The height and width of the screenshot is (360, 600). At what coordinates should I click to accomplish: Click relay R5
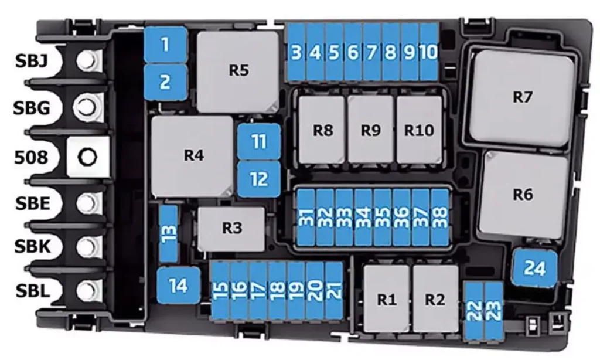click(x=238, y=72)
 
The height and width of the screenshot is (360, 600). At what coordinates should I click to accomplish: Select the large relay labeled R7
click(x=522, y=97)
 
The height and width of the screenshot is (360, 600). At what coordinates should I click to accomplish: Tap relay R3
click(x=231, y=229)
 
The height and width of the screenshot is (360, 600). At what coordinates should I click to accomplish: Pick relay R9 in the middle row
click(x=371, y=130)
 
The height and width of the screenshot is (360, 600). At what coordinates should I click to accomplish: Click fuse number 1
click(x=165, y=45)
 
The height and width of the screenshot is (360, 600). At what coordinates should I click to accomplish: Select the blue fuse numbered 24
click(x=534, y=268)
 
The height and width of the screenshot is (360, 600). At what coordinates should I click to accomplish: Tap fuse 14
click(x=179, y=286)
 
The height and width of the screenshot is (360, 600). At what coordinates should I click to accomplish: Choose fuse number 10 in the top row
click(x=428, y=52)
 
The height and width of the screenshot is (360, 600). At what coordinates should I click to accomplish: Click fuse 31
click(x=306, y=217)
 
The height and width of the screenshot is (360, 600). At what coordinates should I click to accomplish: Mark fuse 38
click(x=439, y=217)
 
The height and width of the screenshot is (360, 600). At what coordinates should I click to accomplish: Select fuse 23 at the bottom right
click(x=493, y=311)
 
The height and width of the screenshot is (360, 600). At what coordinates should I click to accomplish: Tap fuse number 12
click(x=259, y=179)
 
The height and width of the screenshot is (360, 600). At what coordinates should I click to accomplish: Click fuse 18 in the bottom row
click(x=277, y=290)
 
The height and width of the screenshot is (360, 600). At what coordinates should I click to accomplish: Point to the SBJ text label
click(x=32, y=61)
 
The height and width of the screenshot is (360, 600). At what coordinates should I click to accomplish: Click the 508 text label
click(x=32, y=157)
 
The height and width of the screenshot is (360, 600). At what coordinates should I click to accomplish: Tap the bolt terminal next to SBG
click(x=88, y=106)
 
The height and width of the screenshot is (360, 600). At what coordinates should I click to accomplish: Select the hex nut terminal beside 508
click(x=88, y=157)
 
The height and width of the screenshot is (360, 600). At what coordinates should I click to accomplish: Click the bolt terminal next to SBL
click(x=88, y=291)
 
